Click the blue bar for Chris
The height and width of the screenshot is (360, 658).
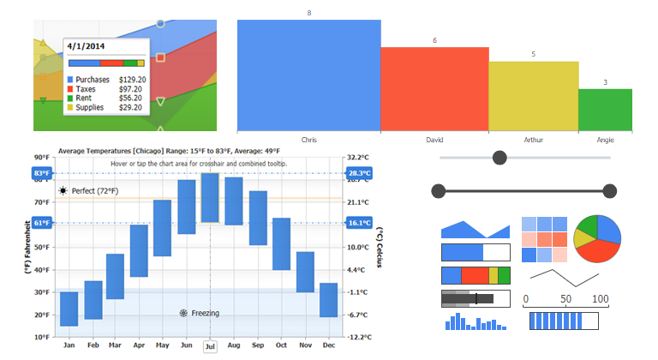(x=308, y=75)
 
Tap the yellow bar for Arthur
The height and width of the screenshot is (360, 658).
(x=533, y=96)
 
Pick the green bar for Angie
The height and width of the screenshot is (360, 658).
(x=605, y=110)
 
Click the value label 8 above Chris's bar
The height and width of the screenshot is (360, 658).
(x=309, y=13)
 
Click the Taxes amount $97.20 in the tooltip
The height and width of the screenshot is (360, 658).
(x=130, y=89)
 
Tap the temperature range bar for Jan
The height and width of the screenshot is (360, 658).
(x=69, y=309)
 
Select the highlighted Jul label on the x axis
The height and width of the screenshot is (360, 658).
(x=210, y=345)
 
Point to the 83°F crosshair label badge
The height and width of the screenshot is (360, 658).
(x=42, y=173)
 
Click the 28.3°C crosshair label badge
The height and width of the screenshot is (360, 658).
(x=358, y=173)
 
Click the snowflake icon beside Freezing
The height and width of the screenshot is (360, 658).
(x=183, y=314)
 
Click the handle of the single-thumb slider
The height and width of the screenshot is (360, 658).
(x=500, y=158)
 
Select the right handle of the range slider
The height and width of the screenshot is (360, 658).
(x=609, y=190)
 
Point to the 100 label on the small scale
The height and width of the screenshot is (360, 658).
(x=601, y=299)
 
